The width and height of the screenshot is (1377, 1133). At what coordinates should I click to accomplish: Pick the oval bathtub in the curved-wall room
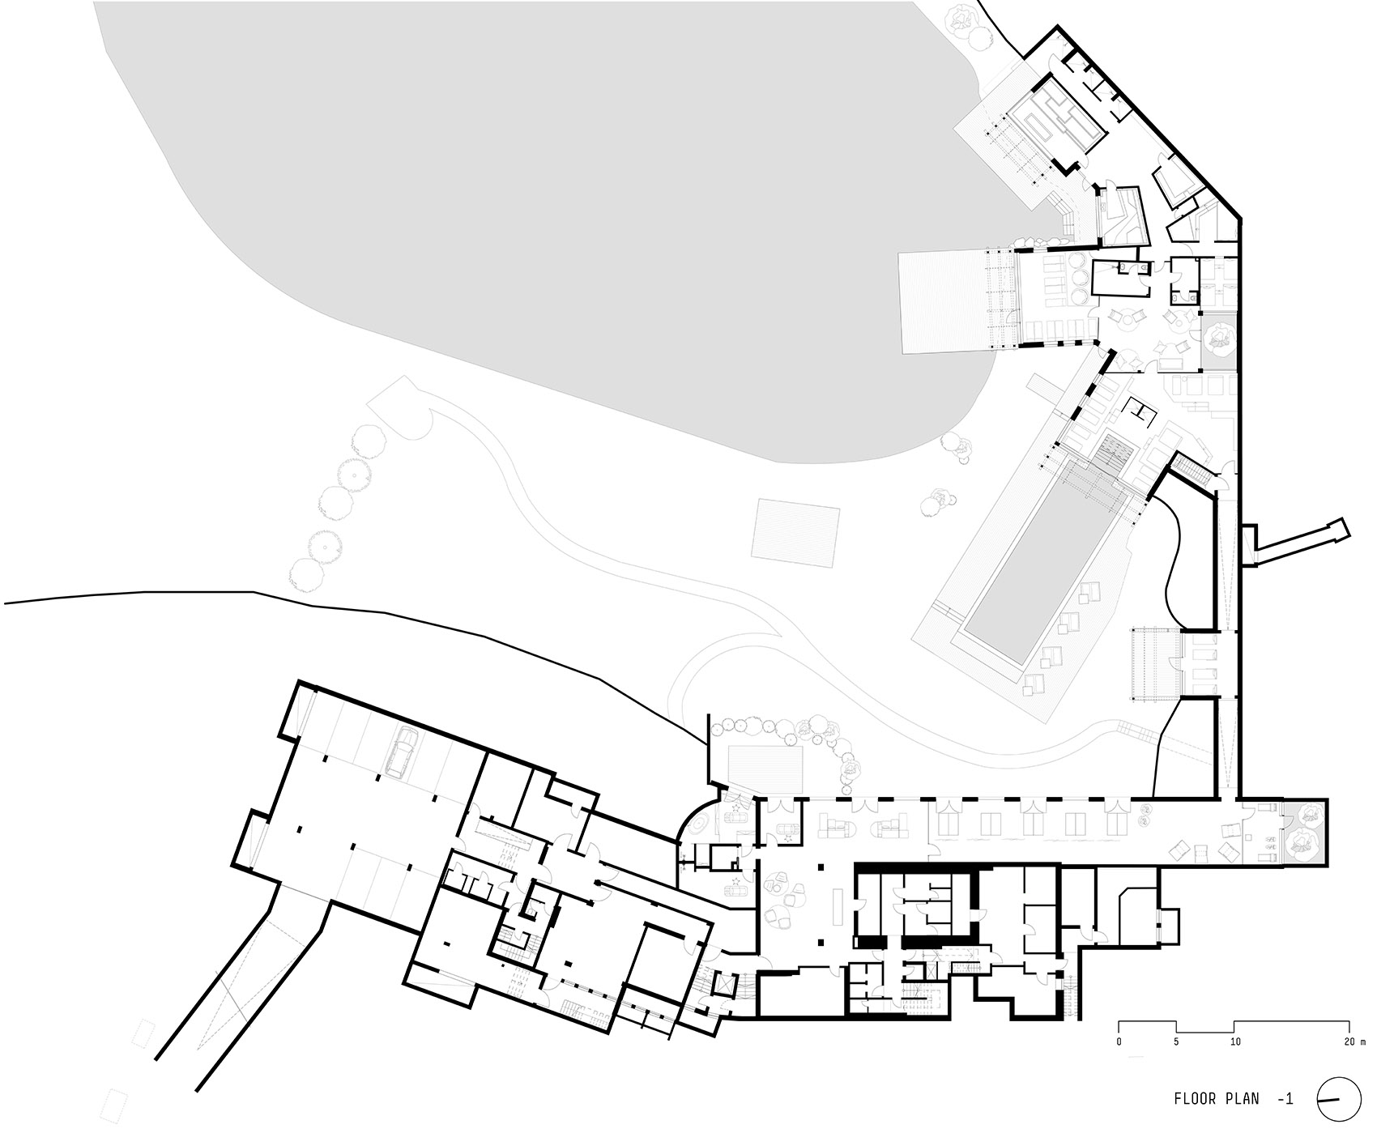point(697,822)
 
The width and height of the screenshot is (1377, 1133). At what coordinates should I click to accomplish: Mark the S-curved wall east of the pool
point(1172,559)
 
